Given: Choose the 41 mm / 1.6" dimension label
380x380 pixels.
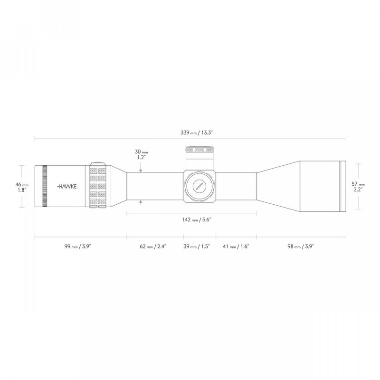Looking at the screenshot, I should [236, 247].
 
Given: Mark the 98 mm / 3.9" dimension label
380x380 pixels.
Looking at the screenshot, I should [301, 247].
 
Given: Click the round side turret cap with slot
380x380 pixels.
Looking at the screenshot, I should [199, 186].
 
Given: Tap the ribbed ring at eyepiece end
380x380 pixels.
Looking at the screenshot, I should [45, 186].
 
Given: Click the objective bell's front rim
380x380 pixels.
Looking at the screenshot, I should [343, 186].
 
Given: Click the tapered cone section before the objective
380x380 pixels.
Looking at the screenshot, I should [278, 186].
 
